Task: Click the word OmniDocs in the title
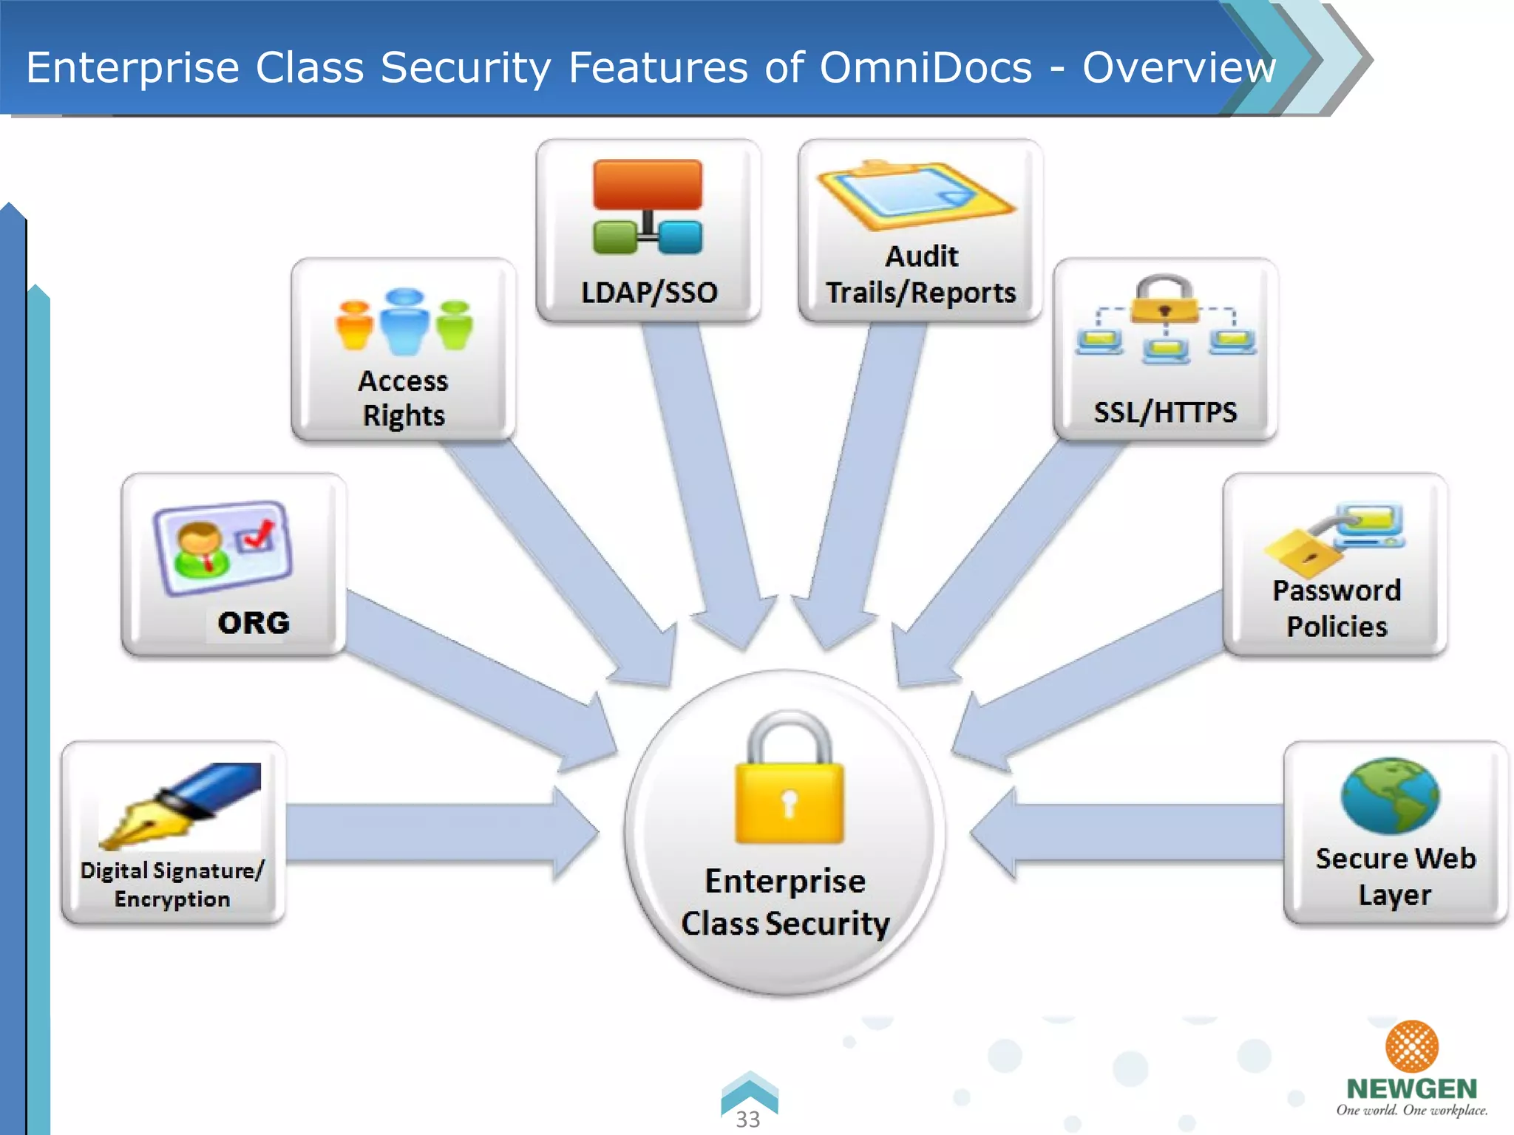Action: tap(926, 68)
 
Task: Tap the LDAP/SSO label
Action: tap(649, 293)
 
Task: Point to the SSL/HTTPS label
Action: tap(1165, 412)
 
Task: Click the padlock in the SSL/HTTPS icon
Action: tap(1164, 299)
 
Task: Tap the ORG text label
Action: tap(254, 623)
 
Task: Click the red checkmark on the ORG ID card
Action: tap(258, 534)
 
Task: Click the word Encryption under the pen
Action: tap(172, 899)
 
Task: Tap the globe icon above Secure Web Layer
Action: tap(1390, 795)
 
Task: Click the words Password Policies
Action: tap(1337, 608)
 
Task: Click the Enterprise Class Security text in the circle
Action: tap(785, 902)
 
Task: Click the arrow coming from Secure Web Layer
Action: tap(1131, 834)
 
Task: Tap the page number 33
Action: tap(748, 1119)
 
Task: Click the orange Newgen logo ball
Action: tap(1411, 1046)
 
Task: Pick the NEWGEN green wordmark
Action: tap(1411, 1088)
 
